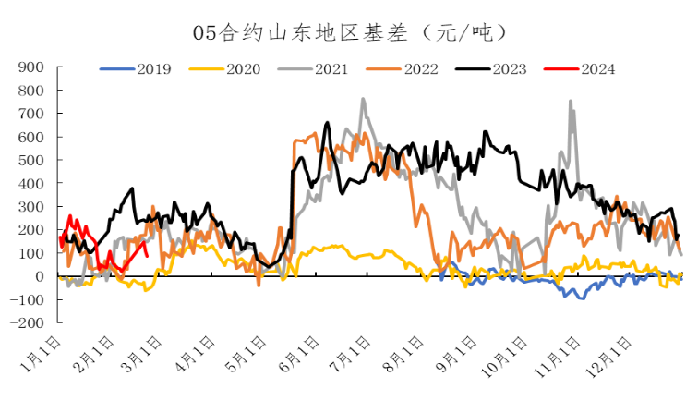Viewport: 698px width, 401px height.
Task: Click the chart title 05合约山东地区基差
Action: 350,32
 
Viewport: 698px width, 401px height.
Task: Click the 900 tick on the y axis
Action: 32,67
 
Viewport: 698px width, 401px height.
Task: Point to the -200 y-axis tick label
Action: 28,323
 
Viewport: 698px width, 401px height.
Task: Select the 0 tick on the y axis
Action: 40,276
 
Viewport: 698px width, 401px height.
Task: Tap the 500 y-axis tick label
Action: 32,160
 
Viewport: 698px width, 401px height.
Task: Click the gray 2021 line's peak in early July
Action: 363,99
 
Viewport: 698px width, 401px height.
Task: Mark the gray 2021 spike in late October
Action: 570,101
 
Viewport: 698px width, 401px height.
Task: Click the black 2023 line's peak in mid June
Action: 328,122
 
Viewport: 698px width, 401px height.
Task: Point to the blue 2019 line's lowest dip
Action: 582,298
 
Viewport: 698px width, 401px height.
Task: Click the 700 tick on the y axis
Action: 32,114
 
